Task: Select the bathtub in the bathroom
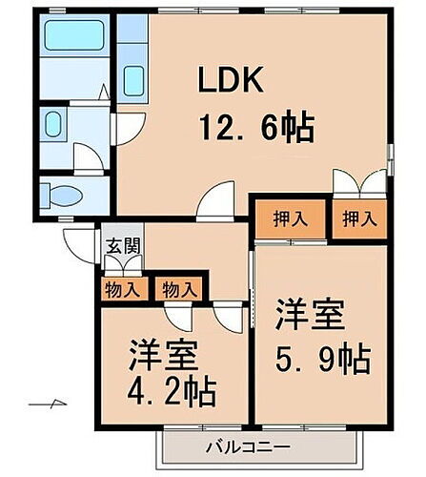[x=73, y=40]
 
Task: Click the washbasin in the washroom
[x=53, y=124]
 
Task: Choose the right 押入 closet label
[x=359, y=218]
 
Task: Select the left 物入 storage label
[x=121, y=288]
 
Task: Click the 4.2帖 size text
[x=172, y=392]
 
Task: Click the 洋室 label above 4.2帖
[x=163, y=355]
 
